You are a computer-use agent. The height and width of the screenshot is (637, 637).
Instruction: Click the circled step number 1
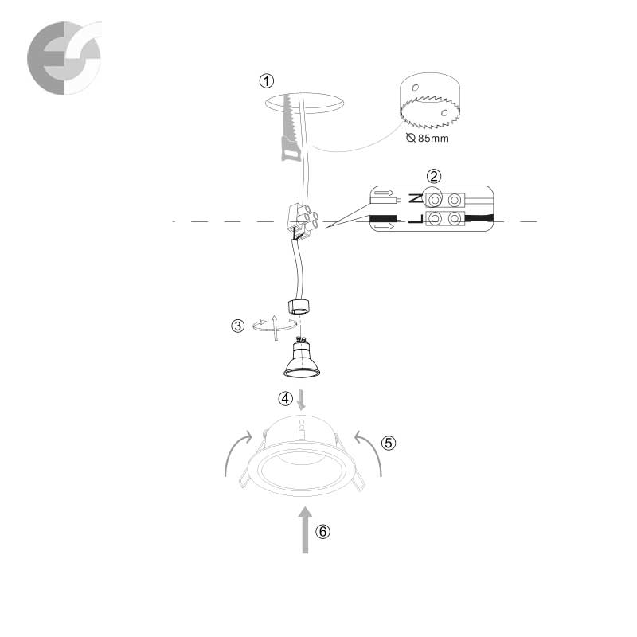pyautogui.click(x=267, y=81)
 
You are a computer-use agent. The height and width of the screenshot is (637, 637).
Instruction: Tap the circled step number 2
pyautogui.click(x=434, y=176)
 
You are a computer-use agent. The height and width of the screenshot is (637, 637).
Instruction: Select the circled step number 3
pyautogui.click(x=237, y=326)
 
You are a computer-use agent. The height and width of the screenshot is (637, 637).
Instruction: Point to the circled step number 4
pyautogui.click(x=285, y=399)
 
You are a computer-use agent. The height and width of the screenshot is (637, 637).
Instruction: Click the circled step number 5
pyautogui.click(x=389, y=443)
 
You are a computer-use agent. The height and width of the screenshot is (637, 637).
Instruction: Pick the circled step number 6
pyautogui.click(x=323, y=531)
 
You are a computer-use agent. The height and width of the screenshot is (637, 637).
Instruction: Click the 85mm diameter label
pyautogui.click(x=428, y=138)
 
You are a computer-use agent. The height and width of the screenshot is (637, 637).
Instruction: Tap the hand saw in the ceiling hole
pyautogui.click(x=291, y=127)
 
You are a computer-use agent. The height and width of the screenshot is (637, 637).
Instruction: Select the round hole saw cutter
pyautogui.click(x=430, y=100)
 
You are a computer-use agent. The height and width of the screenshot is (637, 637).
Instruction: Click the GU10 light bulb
pyautogui.click(x=302, y=358)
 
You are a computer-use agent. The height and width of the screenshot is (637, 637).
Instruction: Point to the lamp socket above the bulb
pyautogui.click(x=299, y=307)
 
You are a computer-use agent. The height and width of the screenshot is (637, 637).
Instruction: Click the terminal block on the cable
pyautogui.click(x=302, y=221)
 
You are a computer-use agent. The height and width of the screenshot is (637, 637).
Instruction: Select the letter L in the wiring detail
pyautogui.click(x=416, y=220)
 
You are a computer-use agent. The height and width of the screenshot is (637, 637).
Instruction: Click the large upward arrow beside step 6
pyautogui.click(x=305, y=530)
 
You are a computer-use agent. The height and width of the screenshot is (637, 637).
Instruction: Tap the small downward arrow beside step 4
pyautogui.click(x=301, y=400)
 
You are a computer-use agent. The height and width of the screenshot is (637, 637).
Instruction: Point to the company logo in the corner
pyautogui.click(x=64, y=58)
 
